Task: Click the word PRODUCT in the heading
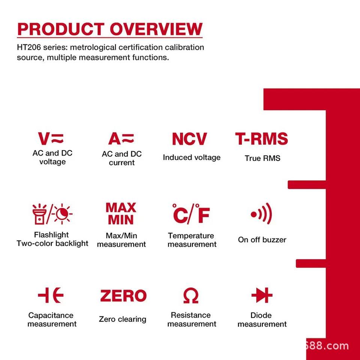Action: (x=61, y=29)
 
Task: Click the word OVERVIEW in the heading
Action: (x=156, y=29)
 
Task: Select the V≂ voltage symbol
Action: (x=51, y=138)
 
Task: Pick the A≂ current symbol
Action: (x=121, y=138)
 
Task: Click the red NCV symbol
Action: (x=189, y=139)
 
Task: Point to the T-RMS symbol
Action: (x=261, y=138)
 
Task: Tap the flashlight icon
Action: (x=39, y=214)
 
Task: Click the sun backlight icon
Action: (x=62, y=214)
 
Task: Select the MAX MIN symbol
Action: (x=121, y=213)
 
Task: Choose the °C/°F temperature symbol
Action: (x=191, y=214)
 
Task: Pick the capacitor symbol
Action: (x=51, y=295)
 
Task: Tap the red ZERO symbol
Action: (x=123, y=295)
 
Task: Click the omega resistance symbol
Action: (x=191, y=295)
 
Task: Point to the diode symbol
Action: (x=262, y=295)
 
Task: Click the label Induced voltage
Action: (x=192, y=157)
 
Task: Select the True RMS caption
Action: (x=262, y=158)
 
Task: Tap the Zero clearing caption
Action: (x=123, y=319)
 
